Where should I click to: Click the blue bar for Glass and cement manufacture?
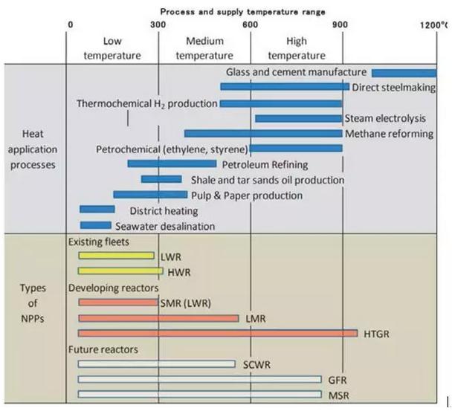[x=404, y=73]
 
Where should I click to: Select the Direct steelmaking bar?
[x=285, y=86]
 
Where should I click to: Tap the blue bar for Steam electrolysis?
[x=299, y=119]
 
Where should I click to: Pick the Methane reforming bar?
[x=263, y=134]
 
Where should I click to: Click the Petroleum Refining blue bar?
[x=172, y=164]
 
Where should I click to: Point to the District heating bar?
[x=97, y=209]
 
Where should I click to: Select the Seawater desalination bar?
[x=95, y=225]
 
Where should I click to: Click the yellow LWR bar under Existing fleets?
[x=117, y=256]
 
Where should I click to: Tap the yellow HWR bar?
[x=120, y=271]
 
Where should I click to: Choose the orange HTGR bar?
[x=218, y=333]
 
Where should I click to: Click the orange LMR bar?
[x=158, y=318]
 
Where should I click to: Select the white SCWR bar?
[x=157, y=363]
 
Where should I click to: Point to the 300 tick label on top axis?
[x=158, y=25]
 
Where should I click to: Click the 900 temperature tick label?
[x=340, y=25]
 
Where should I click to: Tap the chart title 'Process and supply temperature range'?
[x=242, y=12]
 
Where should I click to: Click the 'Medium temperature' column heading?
[x=204, y=48]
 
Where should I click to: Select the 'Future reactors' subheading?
[x=103, y=349]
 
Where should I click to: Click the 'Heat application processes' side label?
[x=33, y=149]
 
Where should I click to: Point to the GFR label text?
[x=338, y=380]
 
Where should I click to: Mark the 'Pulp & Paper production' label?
[x=247, y=195]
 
